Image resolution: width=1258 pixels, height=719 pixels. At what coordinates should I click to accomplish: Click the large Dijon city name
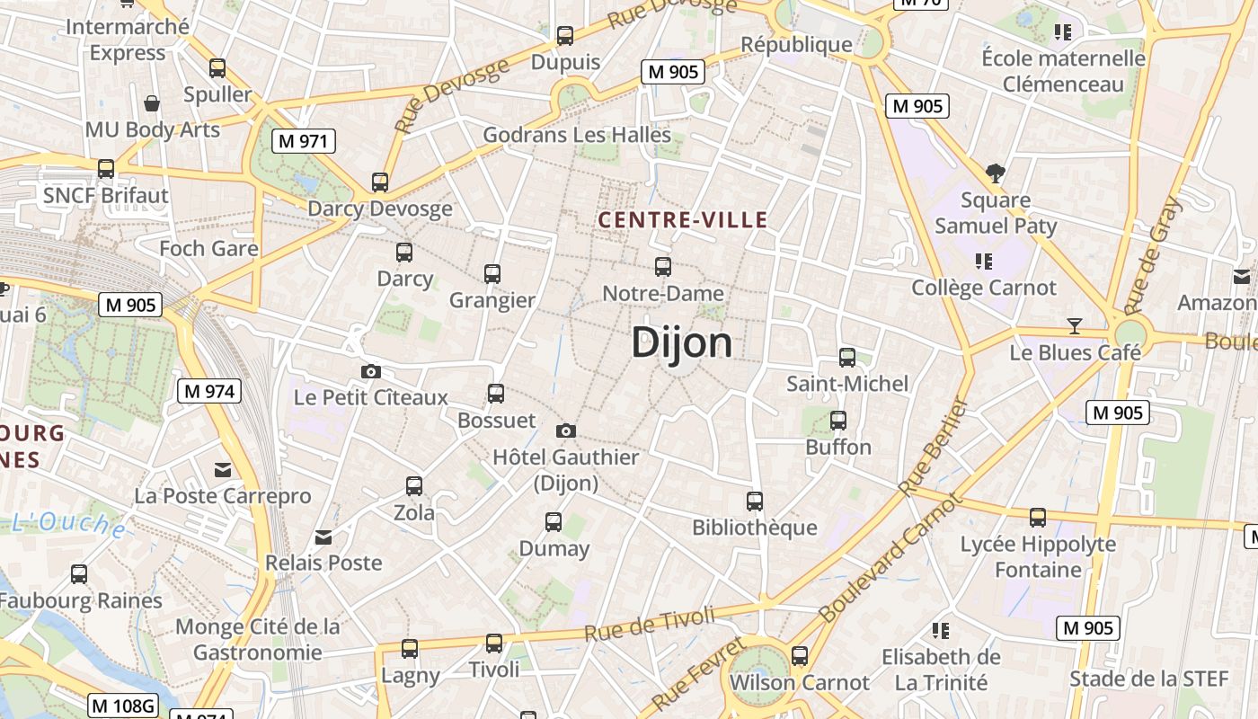click(681, 342)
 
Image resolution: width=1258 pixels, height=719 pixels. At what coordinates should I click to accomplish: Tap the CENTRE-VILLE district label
click(683, 220)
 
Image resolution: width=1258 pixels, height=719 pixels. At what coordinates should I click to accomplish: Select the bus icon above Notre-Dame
click(663, 267)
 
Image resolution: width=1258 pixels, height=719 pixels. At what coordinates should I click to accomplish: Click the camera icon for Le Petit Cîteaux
click(370, 371)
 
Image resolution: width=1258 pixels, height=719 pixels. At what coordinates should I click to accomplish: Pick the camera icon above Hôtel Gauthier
click(566, 431)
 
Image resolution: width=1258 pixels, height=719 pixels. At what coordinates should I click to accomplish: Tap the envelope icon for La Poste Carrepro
click(222, 470)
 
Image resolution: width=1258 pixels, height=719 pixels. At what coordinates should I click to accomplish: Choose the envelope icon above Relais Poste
click(323, 537)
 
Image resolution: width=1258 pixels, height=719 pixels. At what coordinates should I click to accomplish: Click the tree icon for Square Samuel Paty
click(995, 173)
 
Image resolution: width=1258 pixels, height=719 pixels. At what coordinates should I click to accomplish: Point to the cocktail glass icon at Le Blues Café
click(1074, 325)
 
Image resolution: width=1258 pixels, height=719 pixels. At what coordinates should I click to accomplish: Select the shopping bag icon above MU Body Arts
click(152, 103)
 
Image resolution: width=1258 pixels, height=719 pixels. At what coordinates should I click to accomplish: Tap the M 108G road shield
click(123, 706)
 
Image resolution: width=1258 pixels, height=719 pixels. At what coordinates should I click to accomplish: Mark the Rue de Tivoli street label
click(650, 622)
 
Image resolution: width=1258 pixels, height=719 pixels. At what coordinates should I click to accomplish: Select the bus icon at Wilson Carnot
click(799, 656)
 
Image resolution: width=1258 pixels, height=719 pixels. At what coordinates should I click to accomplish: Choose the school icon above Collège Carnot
click(984, 262)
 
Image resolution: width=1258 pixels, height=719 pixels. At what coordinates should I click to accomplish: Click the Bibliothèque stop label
click(754, 528)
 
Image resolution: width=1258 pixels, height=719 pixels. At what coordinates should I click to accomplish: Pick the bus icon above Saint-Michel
click(847, 358)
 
